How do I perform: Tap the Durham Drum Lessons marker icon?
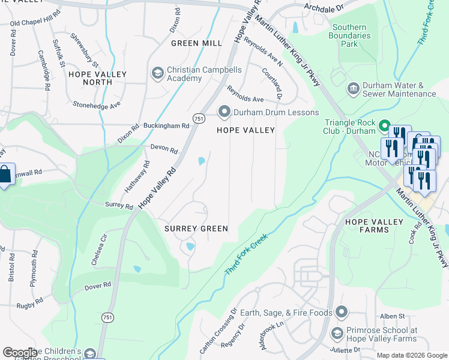coord(224,112)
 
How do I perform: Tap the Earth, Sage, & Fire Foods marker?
coord(342,313)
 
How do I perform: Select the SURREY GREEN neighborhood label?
coord(196,229)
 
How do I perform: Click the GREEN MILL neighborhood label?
coord(196,43)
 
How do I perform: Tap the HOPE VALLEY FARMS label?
coord(374,227)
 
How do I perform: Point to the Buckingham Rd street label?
coord(166,126)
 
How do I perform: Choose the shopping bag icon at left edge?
coord(5,175)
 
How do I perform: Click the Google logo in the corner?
coord(19,353)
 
